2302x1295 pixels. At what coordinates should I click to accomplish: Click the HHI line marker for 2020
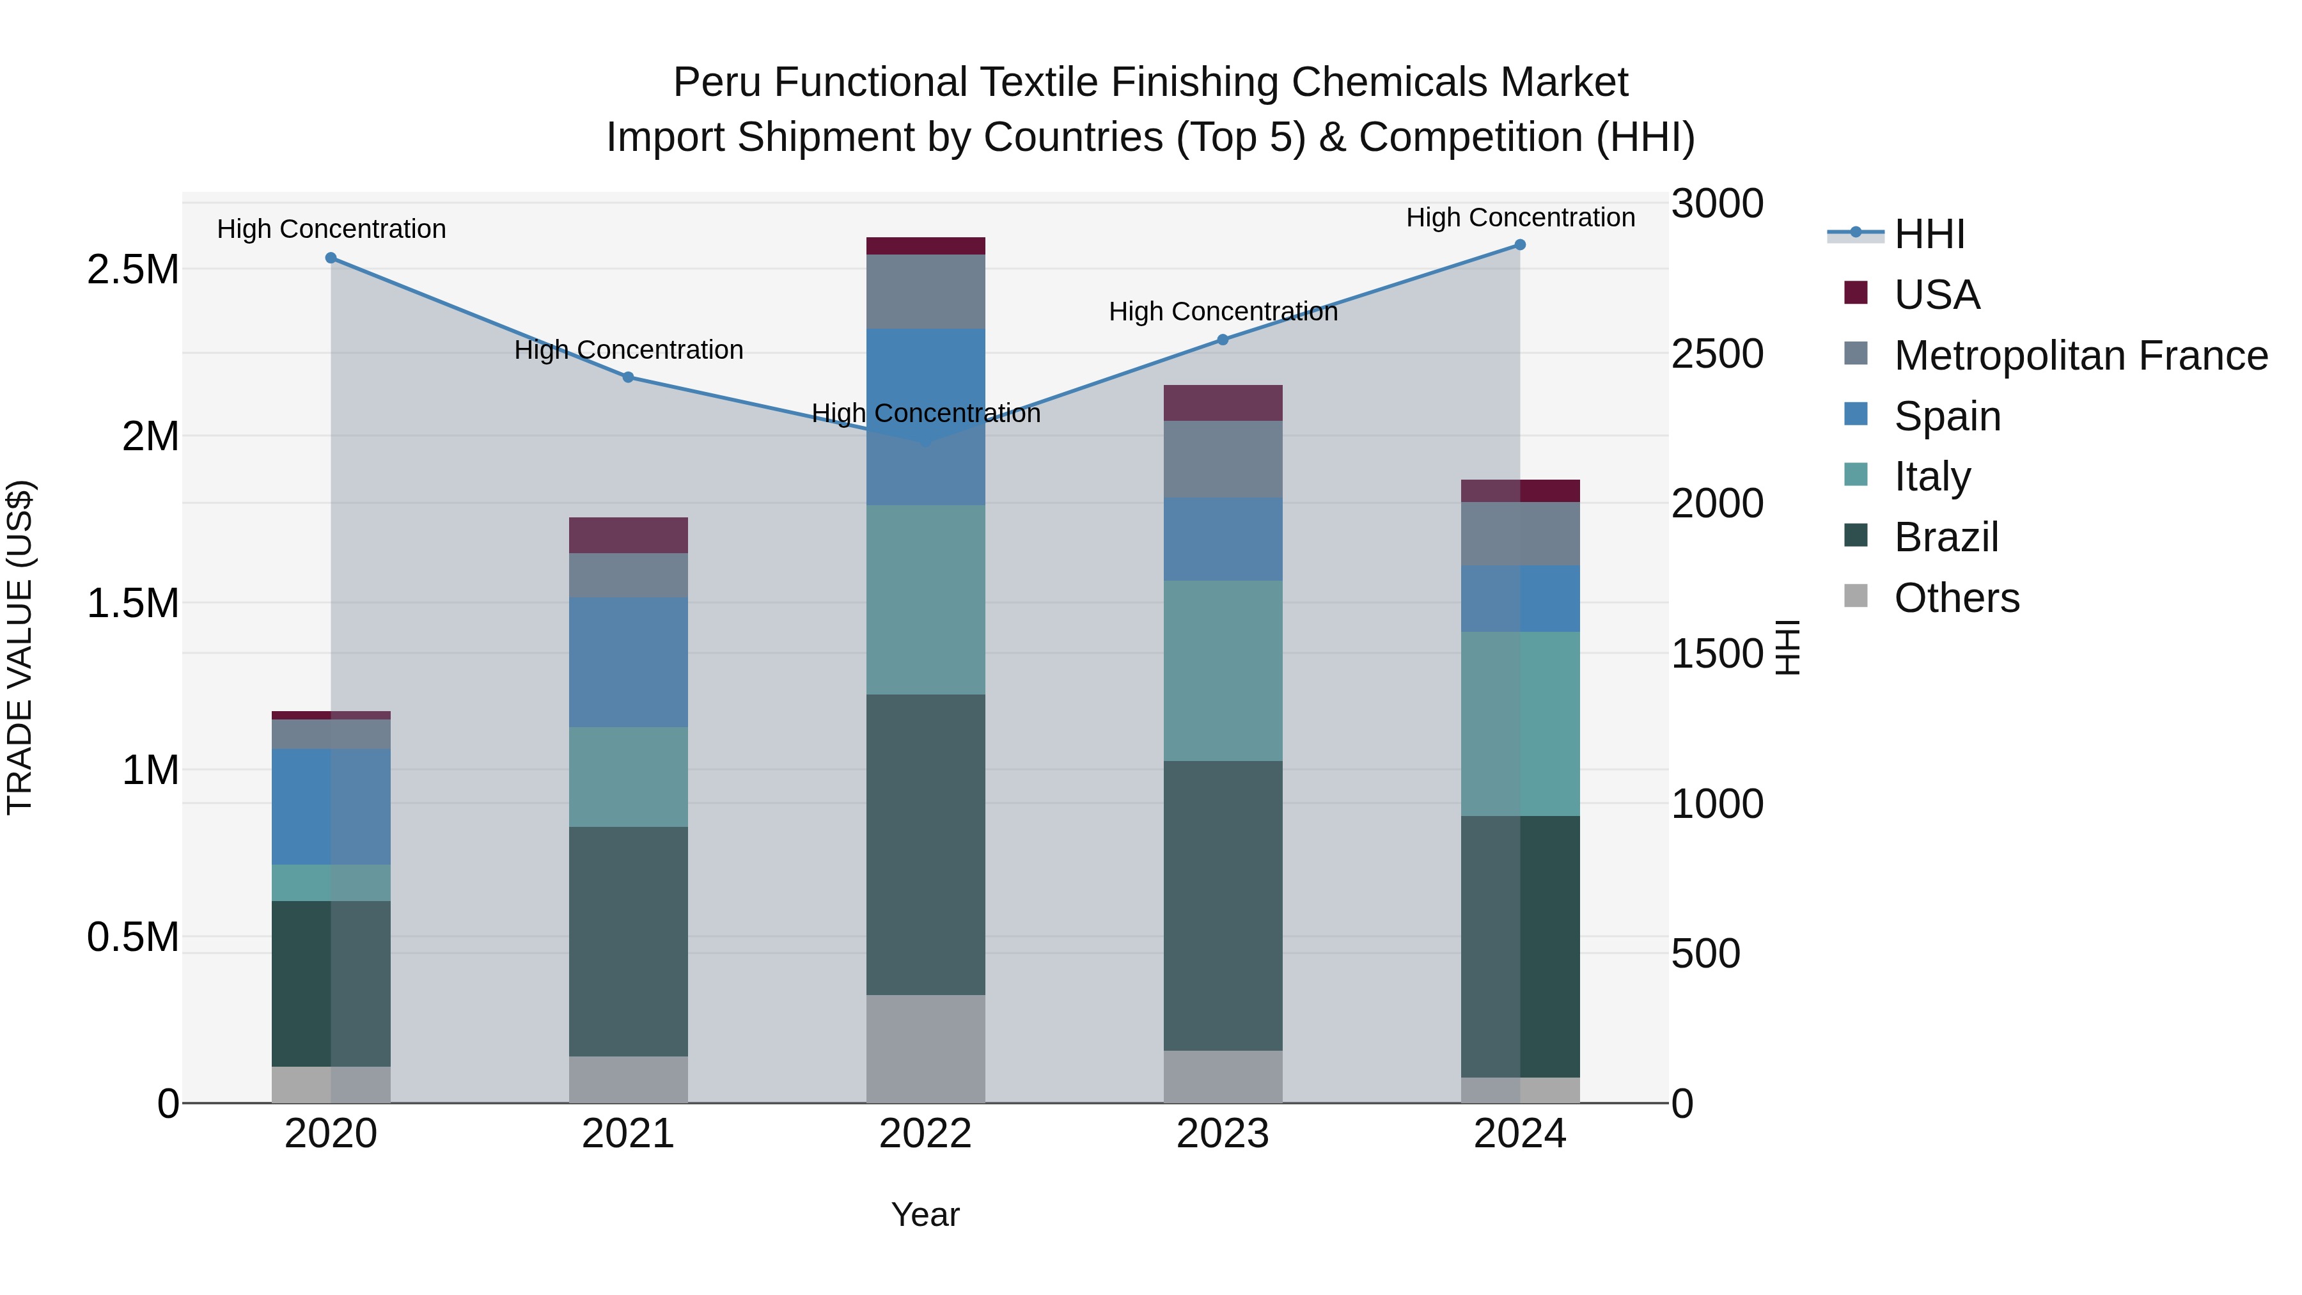331,258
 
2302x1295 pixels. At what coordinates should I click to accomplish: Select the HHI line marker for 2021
628,377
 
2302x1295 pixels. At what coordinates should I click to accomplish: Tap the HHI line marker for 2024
1520,245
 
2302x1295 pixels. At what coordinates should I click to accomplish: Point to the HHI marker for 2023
1223,340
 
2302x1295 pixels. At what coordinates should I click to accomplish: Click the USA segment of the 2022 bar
926,246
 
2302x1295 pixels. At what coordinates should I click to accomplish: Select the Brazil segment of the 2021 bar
628,941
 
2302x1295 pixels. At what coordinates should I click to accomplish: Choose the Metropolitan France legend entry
2080,356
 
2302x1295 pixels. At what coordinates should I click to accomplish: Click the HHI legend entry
1929,234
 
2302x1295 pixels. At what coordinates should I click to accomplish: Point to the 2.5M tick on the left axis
132,270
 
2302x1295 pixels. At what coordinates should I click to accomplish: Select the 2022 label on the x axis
926,1134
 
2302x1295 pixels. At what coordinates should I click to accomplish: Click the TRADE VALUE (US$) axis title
20,647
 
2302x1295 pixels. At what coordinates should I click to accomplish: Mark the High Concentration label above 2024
1520,217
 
